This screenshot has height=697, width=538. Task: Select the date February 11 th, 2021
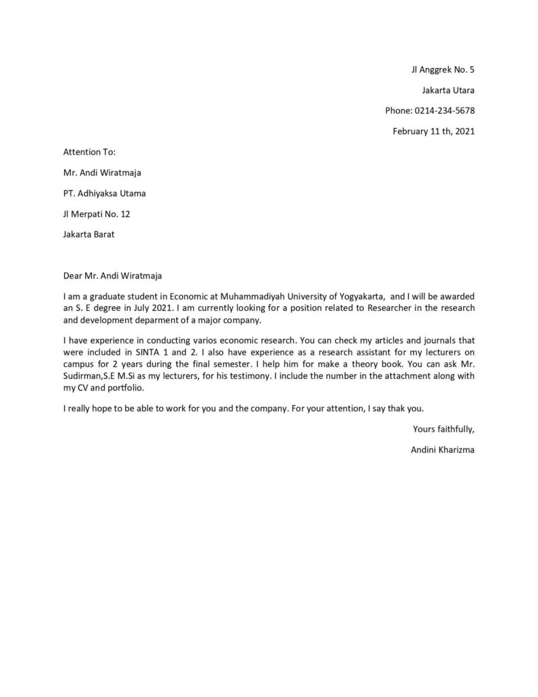(x=433, y=131)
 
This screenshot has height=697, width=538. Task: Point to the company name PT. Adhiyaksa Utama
(x=104, y=193)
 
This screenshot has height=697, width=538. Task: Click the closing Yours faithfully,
(x=443, y=429)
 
